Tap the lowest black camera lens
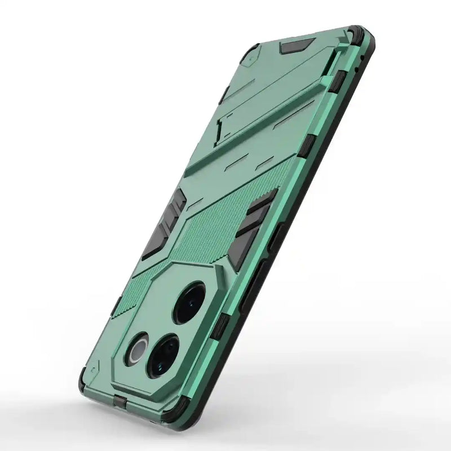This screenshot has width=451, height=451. pos(163,355)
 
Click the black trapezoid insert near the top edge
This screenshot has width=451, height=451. pos(298,45)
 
